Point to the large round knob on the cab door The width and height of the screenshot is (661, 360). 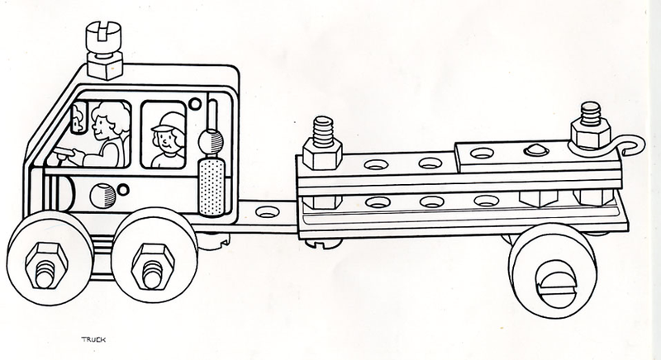(x=100, y=197)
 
